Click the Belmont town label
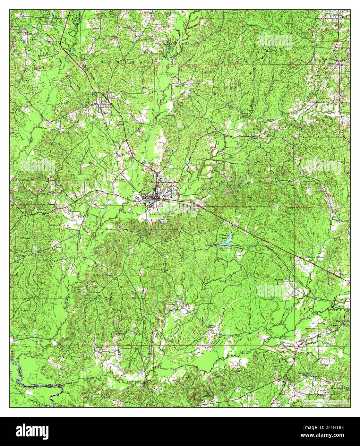pyautogui.click(x=336, y=64)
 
